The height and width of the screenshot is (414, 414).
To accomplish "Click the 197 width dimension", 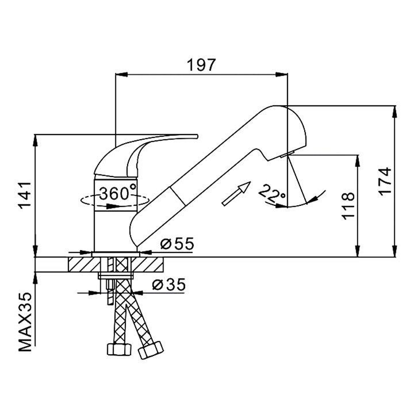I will (x=201, y=65).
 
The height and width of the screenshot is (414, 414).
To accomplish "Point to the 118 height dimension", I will (x=347, y=205).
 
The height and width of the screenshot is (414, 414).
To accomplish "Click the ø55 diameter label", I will (x=177, y=244).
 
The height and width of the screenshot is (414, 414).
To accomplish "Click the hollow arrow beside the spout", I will (x=237, y=193).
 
